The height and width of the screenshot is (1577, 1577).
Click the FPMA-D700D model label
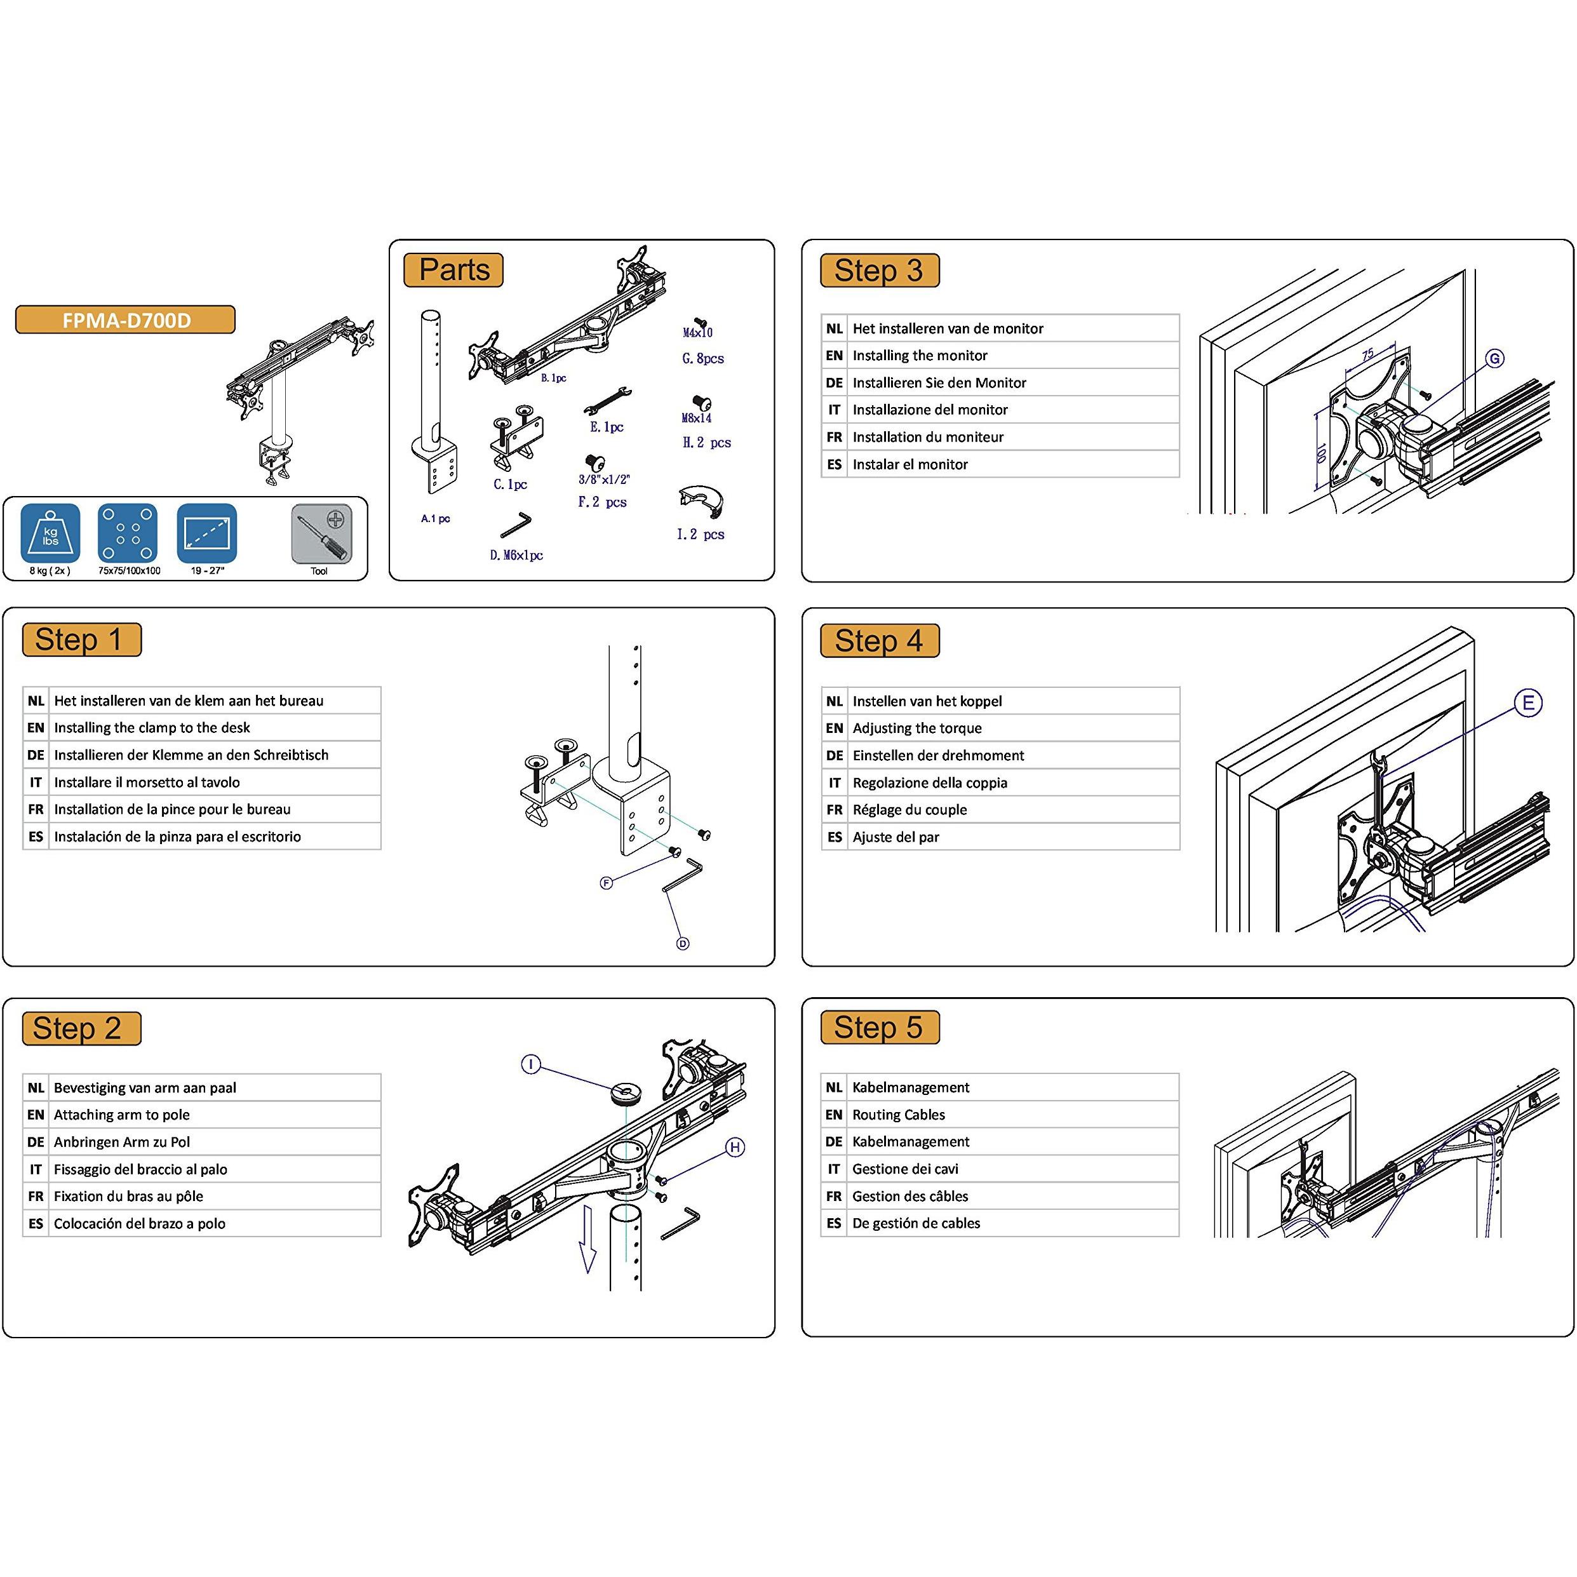pos(126,320)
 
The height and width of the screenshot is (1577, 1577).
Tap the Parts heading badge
pos(454,270)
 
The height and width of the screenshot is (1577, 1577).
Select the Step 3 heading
pos(880,270)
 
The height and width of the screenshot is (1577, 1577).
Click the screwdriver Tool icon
pos(321,535)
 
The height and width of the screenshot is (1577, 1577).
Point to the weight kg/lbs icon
pos(51,534)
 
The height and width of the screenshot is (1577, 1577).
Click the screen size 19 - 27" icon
pos(207,534)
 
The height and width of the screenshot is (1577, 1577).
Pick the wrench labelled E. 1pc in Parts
pos(608,401)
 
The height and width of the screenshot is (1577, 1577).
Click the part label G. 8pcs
pos(703,358)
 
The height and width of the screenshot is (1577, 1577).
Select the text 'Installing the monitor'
pos(920,355)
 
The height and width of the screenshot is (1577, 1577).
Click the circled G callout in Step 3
pos(1494,358)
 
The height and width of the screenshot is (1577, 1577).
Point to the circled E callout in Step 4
pos(1528,703)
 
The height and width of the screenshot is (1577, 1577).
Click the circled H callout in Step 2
pos(735,1148)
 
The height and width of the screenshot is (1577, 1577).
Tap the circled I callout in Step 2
pos(532,1064)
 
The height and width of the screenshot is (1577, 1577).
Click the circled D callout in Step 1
pos(683,944)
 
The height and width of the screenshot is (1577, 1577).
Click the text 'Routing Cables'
pos(899,1114)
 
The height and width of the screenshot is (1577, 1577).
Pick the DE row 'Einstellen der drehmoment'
pos(938,755)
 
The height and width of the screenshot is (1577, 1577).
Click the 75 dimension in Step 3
pos(1367,354)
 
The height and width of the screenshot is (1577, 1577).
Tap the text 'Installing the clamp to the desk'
pos(152,727)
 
